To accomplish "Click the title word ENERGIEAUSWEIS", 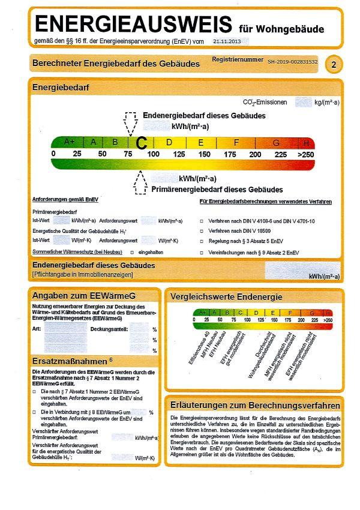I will (133, 25).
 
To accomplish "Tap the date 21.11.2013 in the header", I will (226, 42).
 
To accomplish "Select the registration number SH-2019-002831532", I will (292, 62).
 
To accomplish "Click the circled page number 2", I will (334, 64).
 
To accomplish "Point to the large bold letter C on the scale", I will (142, 143).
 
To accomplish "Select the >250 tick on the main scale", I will (306, 154).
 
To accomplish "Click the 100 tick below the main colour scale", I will (154, 154).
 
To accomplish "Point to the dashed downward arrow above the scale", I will (130, 124).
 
